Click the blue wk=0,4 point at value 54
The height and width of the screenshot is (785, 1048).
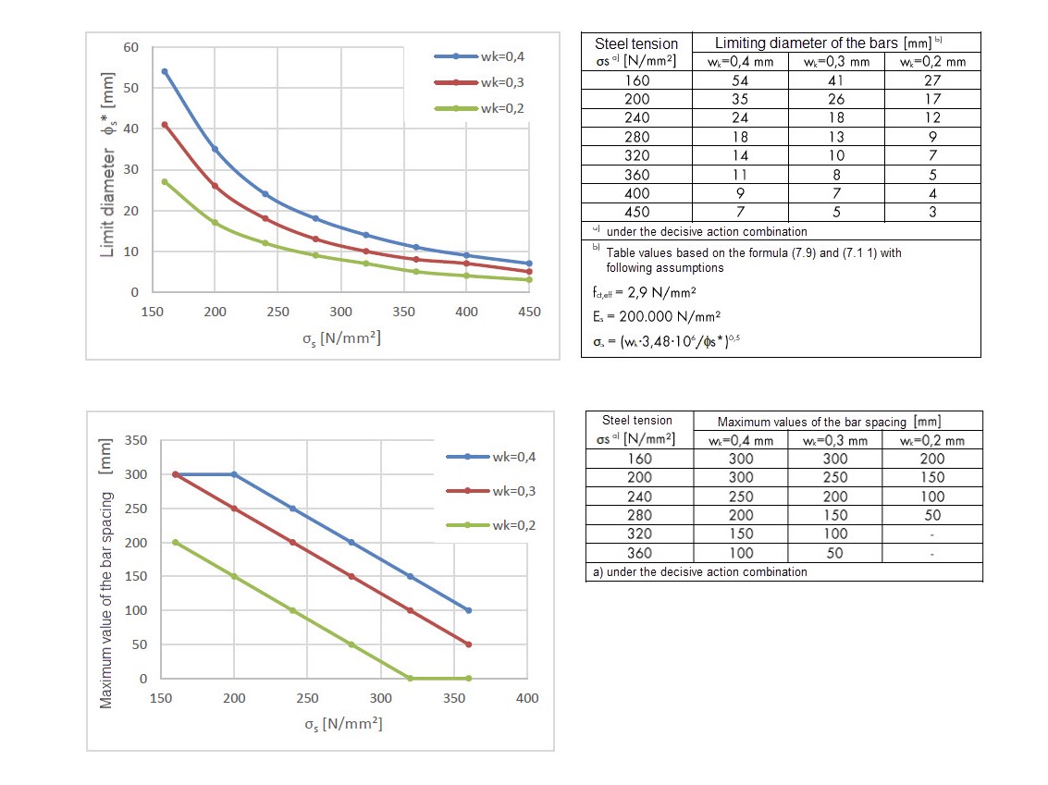(x=165, y=71)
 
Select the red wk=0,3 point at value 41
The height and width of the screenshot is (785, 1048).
(x=165, y=125)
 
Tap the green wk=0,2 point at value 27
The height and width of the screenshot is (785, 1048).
(x=165, y=181)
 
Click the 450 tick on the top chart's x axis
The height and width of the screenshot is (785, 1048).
(x=529, y=312)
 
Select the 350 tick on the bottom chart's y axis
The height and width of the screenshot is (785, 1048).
(x=135, y=440)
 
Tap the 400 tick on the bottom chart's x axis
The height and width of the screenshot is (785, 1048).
(x=526, y=698)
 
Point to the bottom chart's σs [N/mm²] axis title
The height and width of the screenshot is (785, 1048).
(x=343, y=723)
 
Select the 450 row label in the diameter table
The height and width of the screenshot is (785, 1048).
(x=636, y=212)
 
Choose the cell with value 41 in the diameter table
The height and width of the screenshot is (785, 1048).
(x=835, y=80)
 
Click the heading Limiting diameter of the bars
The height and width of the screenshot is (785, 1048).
(x=822, y=43)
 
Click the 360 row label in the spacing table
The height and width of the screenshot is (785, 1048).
(x=639, y=553)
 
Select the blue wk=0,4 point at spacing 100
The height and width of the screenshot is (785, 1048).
(x=468, y=610)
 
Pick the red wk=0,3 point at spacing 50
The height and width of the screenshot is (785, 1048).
(x=468, y=644)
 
